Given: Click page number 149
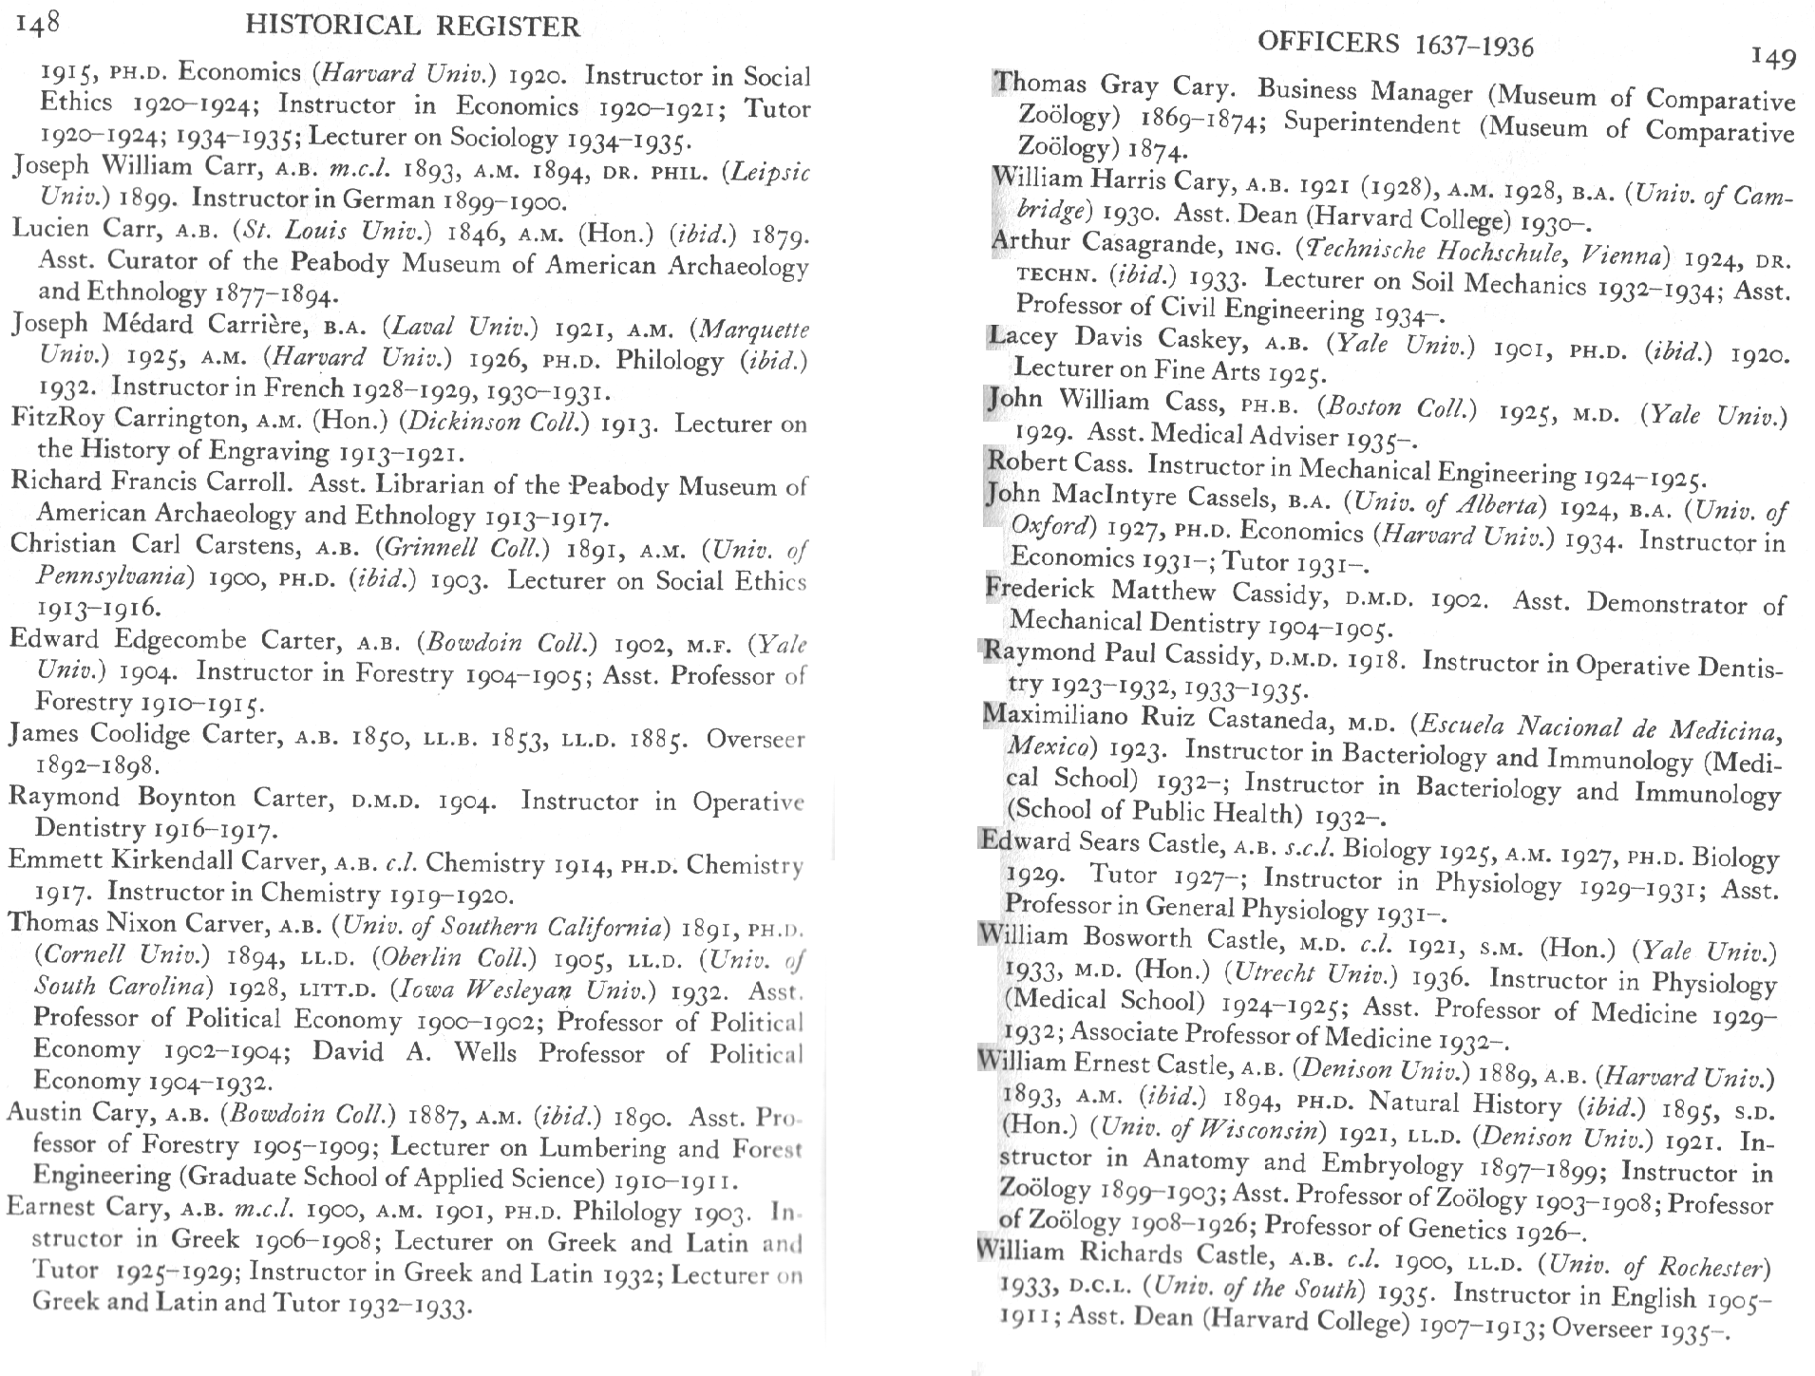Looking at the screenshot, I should pyautogui.click(x=1773, y=58).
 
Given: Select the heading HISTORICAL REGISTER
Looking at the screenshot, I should pyautogui.click(x=412, y=26).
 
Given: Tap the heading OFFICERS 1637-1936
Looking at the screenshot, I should pyautogui.click(x=1394, y=44).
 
